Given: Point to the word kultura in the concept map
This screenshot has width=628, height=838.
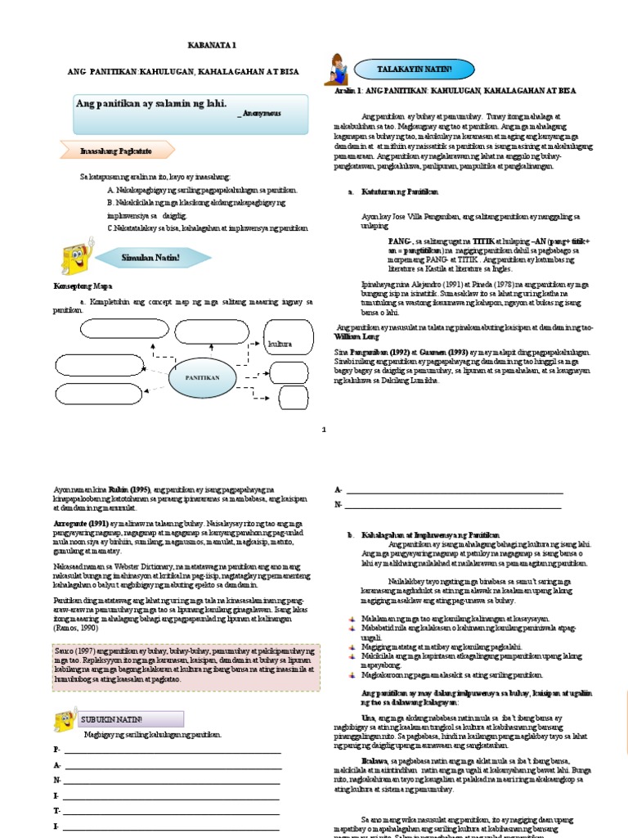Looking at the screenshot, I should [279, 345].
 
